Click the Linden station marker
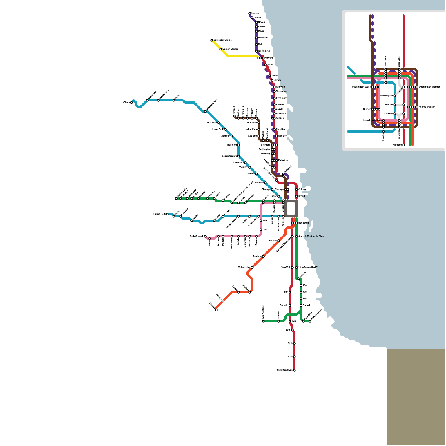250,13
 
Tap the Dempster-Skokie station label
222,40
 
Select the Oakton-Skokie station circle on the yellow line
221,49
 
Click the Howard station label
269,58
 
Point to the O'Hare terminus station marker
132,103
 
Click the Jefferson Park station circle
205,111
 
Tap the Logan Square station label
229,156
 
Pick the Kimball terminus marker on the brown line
234,116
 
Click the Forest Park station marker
167,214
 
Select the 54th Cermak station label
197,236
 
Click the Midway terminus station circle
216,310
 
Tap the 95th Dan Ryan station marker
294,370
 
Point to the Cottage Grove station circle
310,321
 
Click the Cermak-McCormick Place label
311,236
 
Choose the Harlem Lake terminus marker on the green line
176,198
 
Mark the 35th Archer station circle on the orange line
252,268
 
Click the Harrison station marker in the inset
404,145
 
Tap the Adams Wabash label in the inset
426,107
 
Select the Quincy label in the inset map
367,109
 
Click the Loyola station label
277,80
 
